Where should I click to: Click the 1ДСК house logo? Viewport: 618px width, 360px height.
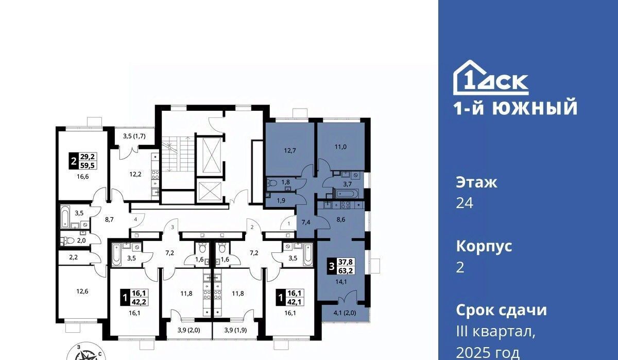(x=491, y=78)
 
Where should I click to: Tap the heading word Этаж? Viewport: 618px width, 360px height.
(x=476, y=183)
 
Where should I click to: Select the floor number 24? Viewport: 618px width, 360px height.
(x=465, y=203)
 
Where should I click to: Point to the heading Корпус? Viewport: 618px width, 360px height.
(x=484, y=247)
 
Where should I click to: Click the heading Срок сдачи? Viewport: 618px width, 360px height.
(x=501, y=310)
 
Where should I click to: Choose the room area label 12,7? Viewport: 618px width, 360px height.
(x=289, y=150)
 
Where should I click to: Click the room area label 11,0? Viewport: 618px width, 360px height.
(x=340, y=147)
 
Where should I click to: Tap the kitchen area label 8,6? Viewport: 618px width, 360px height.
(x=341, y=219)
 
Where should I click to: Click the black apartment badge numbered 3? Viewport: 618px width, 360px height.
(x=332, y=266)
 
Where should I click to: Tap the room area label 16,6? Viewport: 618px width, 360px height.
(x=83, y=177)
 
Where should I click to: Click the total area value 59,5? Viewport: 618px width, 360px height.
(x=88, y=165)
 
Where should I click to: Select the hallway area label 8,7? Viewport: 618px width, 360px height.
(x=109, y=219)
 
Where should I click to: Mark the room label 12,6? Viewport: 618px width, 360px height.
(x=82, y=292)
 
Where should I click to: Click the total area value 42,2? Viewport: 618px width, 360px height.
(x=140, y=301)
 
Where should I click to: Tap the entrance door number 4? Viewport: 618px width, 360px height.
(x=135, y=220)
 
